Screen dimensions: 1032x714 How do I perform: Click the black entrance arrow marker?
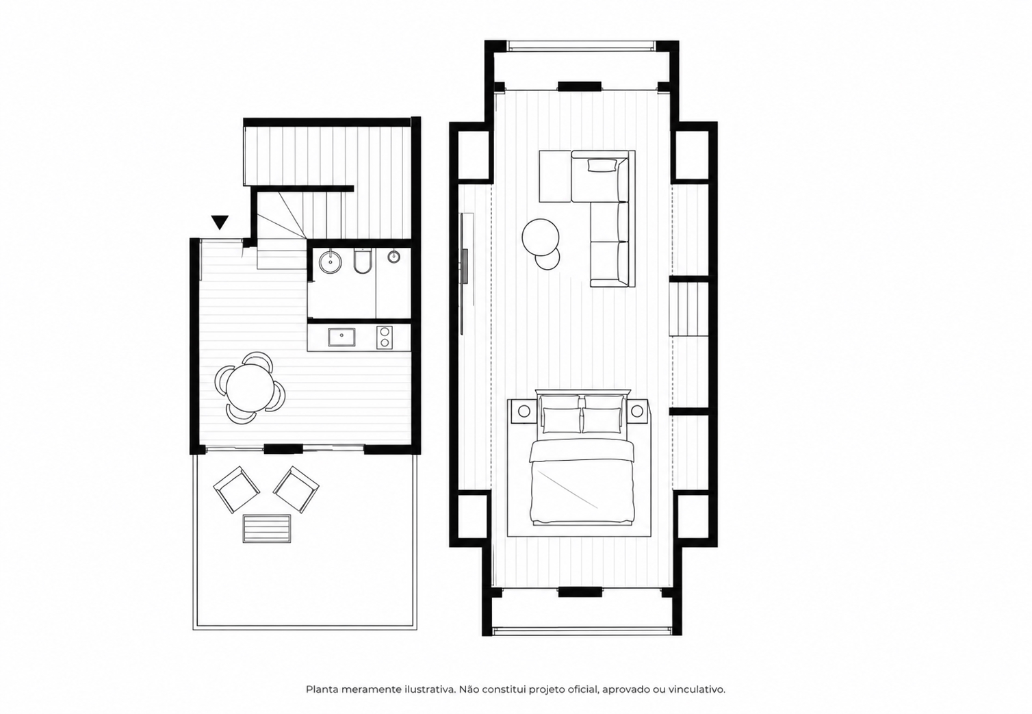tap(220, 222)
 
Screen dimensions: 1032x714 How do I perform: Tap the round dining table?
tap(249, 387)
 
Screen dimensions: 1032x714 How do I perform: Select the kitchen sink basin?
tap(341, 337)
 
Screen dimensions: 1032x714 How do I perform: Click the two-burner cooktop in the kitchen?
tap(384, 337)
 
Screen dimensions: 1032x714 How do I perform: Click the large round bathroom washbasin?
tap(330, 262)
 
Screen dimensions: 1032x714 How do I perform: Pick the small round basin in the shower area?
tap(394, 257)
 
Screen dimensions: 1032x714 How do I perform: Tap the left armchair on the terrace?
tap(236, 489)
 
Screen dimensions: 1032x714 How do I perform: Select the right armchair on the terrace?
tap(296, 489)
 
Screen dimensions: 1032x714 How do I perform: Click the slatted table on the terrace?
tap(267, 528)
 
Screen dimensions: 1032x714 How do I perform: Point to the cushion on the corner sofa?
tap(602, 166)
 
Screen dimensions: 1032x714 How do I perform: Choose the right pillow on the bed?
tap(602, 420)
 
